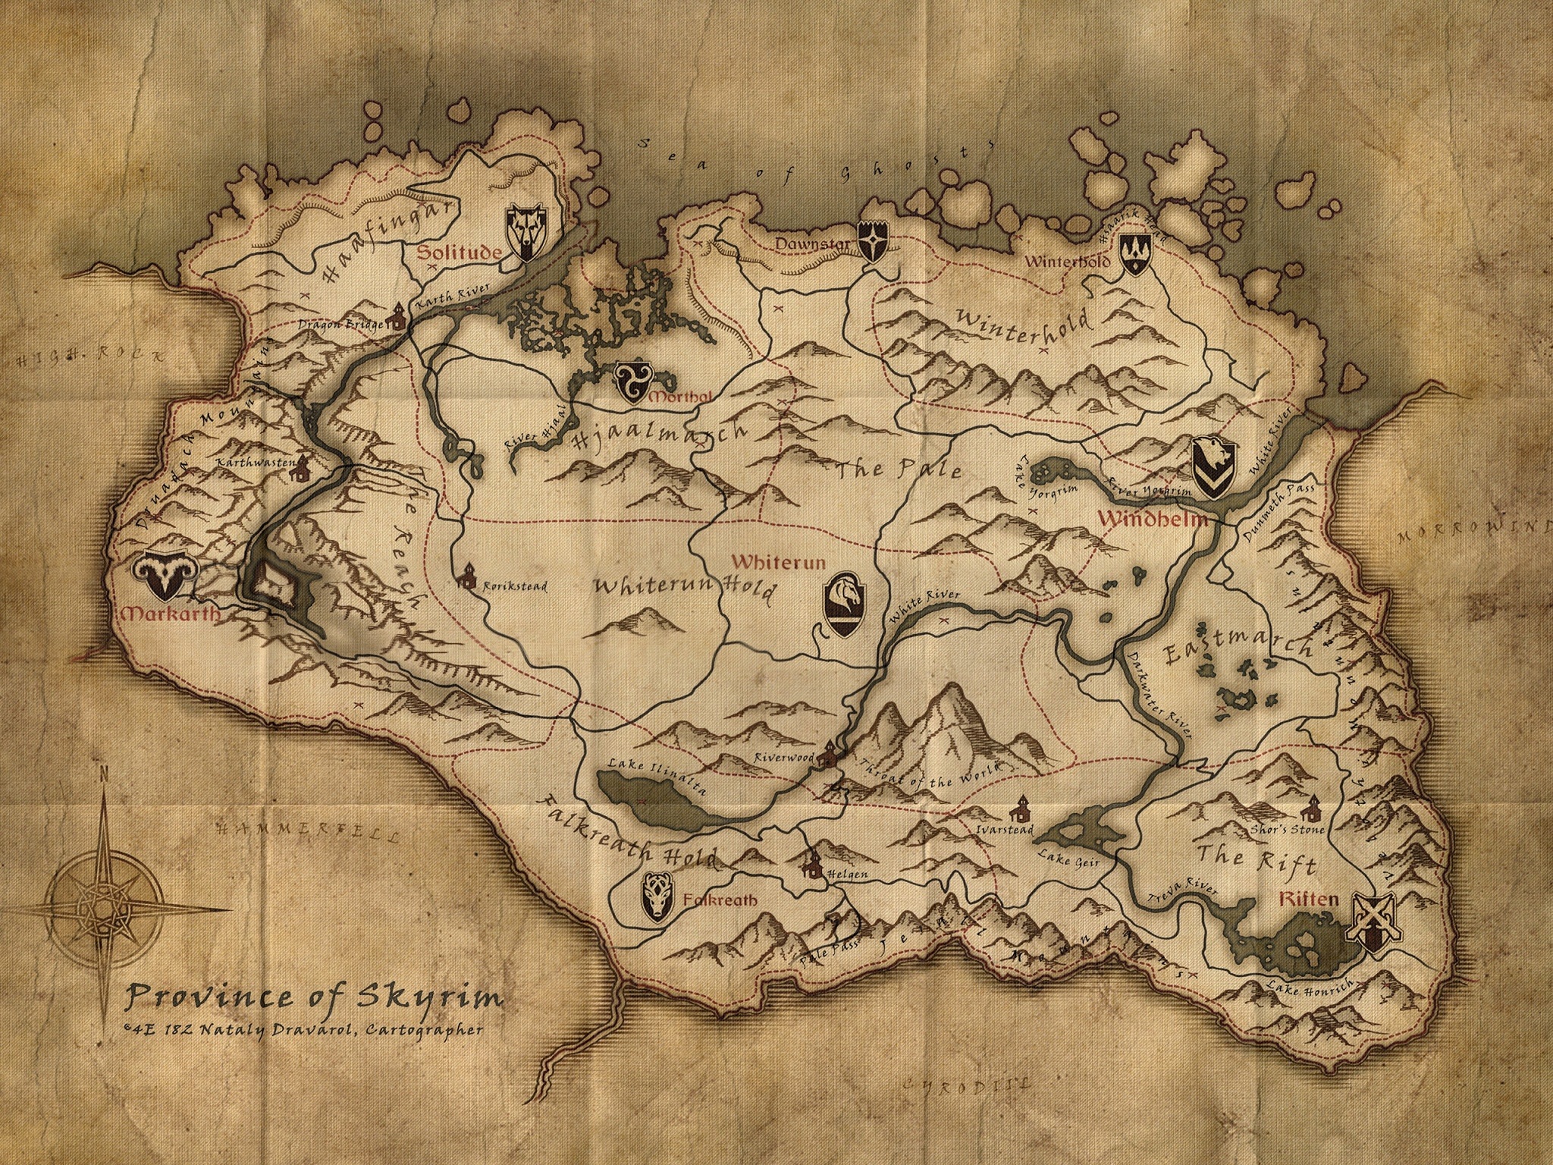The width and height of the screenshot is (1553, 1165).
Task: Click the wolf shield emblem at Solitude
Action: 525,233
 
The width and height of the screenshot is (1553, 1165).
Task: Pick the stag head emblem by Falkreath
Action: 657,897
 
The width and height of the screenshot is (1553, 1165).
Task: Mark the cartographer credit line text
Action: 303,1030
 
